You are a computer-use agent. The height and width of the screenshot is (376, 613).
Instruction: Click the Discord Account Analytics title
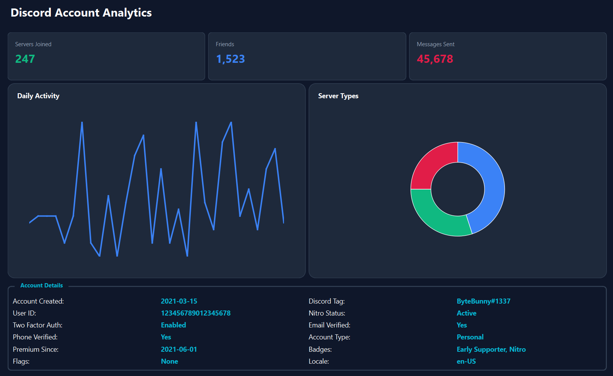click(x=81, y=13)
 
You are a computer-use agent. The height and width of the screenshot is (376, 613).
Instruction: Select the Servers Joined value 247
click(x=25, y=59)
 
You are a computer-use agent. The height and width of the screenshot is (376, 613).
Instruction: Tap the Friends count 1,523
click(x=231, y=59)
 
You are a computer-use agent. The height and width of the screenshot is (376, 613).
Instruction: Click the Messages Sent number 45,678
click(x=435, y=59)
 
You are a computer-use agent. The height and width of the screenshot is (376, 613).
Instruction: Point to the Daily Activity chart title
click(x=38, y=96)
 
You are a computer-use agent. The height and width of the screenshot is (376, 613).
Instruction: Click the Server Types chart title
click(x=338, y=96)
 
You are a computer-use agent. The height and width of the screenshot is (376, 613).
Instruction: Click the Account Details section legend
click(x=42, y=285)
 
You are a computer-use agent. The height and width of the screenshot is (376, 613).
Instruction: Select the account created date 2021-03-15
click(x=179, y=301)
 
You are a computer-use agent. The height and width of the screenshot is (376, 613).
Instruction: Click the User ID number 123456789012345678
click(x=195, y=313)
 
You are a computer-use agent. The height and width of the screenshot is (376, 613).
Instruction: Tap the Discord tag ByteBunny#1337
click(x=483, y=301)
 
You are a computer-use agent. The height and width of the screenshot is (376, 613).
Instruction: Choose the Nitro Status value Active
click(x=466, y=313)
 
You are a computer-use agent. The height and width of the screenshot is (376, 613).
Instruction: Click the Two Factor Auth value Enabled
click(x=173, y=325)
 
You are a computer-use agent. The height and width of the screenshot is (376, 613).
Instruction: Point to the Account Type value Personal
click(x=470, y=337)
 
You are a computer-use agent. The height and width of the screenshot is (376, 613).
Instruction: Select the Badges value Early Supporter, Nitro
click(x=491, y=349)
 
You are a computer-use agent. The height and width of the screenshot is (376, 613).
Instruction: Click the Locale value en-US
click(x=466, y=361)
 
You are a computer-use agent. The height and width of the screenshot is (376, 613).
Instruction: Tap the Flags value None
click(x=169, y=361)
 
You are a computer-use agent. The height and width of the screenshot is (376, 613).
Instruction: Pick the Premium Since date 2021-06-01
click(x=179, y=349)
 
